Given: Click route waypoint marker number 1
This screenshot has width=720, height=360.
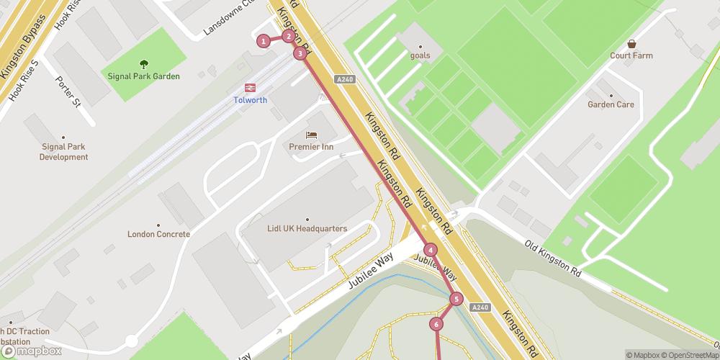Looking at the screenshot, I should click(264, 41).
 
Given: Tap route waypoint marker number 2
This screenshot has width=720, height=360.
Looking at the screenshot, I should click(288, 36).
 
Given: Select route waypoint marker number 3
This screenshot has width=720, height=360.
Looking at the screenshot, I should click(299, 53).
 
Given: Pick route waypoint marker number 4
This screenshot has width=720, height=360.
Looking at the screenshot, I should click(431, 250).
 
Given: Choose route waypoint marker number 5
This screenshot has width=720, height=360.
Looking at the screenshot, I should click(456, 299).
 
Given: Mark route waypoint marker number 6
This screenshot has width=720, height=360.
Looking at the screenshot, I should click(436, 324).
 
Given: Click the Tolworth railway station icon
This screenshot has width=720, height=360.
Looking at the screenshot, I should click(250, 87).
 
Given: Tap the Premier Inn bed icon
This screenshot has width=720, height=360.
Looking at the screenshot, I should click(311, 135).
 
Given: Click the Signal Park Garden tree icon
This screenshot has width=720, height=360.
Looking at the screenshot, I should click(143, 63).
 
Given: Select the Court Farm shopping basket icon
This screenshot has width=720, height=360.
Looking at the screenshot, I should click(631, 43).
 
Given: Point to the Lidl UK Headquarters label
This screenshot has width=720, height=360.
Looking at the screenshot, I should click(307, 229).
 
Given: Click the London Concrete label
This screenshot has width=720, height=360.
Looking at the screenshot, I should click(158, 234).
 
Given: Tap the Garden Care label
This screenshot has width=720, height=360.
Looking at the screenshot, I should click(611, 104).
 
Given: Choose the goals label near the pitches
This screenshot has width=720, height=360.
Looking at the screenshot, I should click(420, 55).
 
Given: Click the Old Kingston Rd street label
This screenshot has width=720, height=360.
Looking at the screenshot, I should click(553, 259).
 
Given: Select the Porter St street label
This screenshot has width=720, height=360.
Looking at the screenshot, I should click(70, 90).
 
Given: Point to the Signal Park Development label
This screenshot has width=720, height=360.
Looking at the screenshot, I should click(63, 152).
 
